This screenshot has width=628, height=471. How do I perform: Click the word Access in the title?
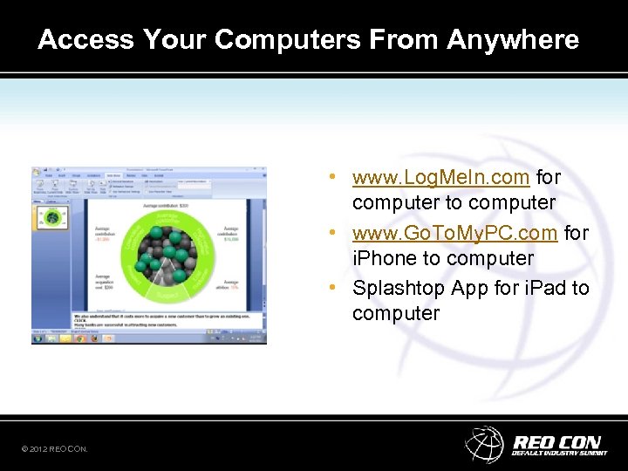point(86,39)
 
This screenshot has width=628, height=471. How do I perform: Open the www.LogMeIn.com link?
point(440,177)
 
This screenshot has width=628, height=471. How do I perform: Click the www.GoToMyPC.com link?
point(454,233)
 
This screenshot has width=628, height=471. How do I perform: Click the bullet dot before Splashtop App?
point(334,288)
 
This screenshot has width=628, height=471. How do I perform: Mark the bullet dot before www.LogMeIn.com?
point(334,177)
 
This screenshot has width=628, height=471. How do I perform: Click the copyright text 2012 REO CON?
point(54,448)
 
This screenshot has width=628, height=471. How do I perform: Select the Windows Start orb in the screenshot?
point(37,339)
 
